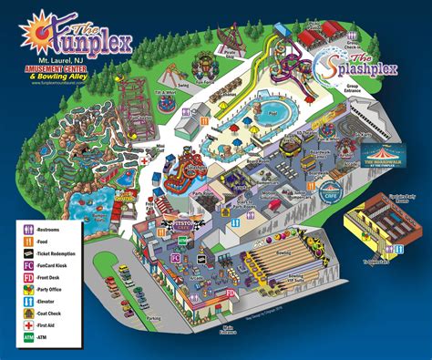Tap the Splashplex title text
[x=369, y=67]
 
